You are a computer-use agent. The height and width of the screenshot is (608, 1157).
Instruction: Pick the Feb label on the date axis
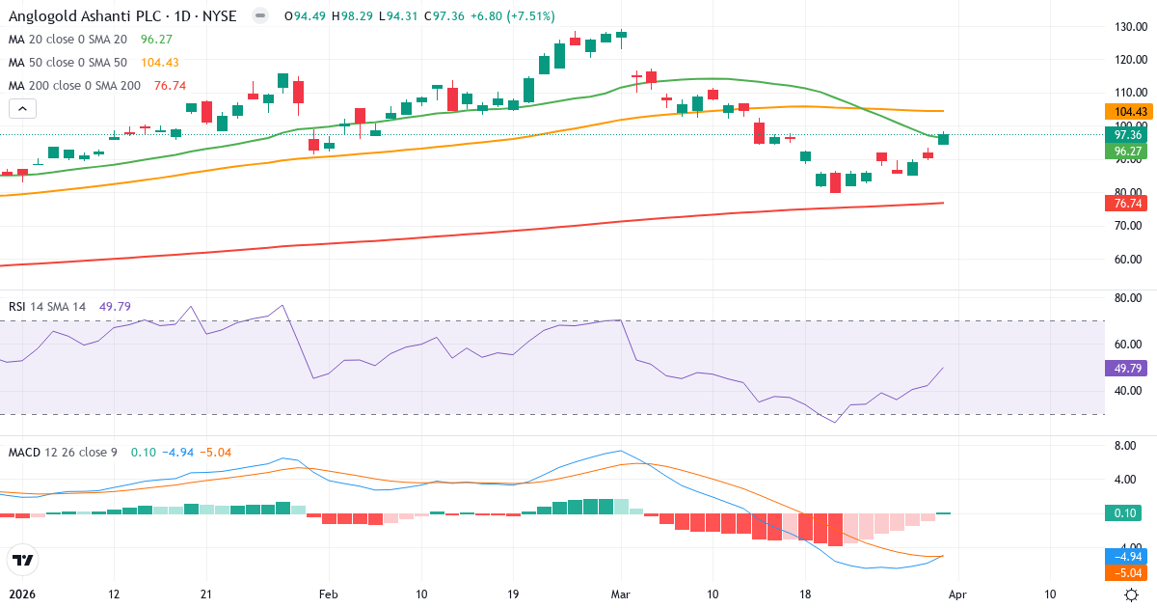click(329, 594)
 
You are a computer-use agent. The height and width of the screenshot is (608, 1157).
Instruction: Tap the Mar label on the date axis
click(621, 594)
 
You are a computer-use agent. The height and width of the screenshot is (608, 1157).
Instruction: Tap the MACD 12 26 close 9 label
click(64, 452)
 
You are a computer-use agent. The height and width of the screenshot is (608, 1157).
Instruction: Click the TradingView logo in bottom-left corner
click(22, 560)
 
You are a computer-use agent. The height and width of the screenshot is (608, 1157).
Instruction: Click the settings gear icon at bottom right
click(1134, 594)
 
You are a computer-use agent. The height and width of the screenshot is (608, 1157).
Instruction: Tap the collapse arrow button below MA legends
click(22, 109)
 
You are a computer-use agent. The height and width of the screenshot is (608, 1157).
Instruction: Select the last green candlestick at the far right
click(943, 139)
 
